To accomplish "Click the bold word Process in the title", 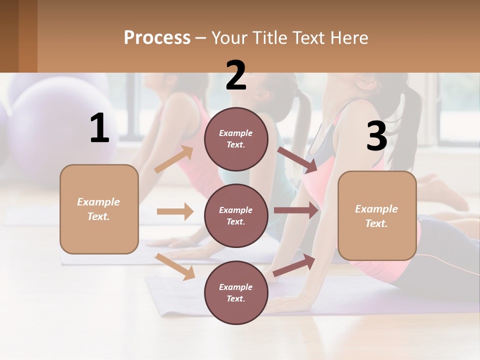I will click(x=157, y=37).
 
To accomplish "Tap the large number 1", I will click(x=99, y=128).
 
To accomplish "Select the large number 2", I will click(x=236, y=75).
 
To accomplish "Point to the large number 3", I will click(x=376, y=136).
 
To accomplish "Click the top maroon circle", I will click(x=236, y=139).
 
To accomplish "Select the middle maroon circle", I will click(x=236, y=215).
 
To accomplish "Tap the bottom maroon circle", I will click(x=236, y=292).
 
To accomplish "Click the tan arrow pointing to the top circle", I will click(x=174, y=159).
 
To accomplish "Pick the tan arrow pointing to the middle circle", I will click(x=175, y=211).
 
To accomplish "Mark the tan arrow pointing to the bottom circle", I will click(x=175, y=266).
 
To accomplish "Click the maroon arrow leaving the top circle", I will click(x=297, y=159).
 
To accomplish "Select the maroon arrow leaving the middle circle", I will click(x=296, y=210).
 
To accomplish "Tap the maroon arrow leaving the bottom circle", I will click(x=294, y=265).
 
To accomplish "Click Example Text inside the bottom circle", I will click(x=236, y=292).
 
